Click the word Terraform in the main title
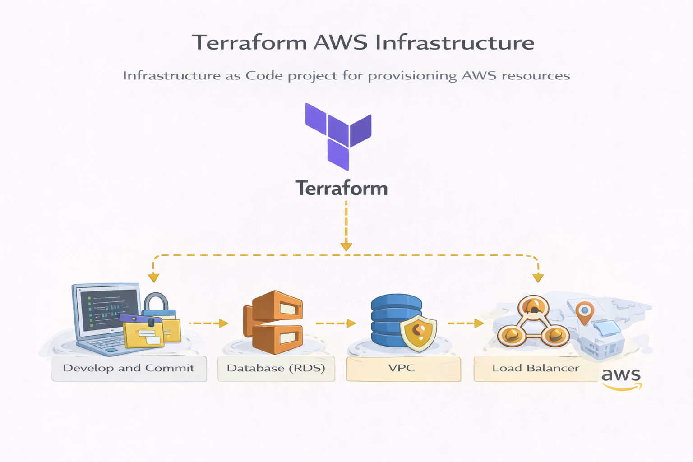[249, 43]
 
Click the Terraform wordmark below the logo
[342, 188]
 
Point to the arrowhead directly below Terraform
[346, 246]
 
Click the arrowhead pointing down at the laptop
[153, 277]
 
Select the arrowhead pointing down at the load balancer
[538, 277]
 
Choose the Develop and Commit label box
[129, 368]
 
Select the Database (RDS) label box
[276, 368]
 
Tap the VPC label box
[403, 368]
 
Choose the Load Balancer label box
[536, 368]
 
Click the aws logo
[621, 378]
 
